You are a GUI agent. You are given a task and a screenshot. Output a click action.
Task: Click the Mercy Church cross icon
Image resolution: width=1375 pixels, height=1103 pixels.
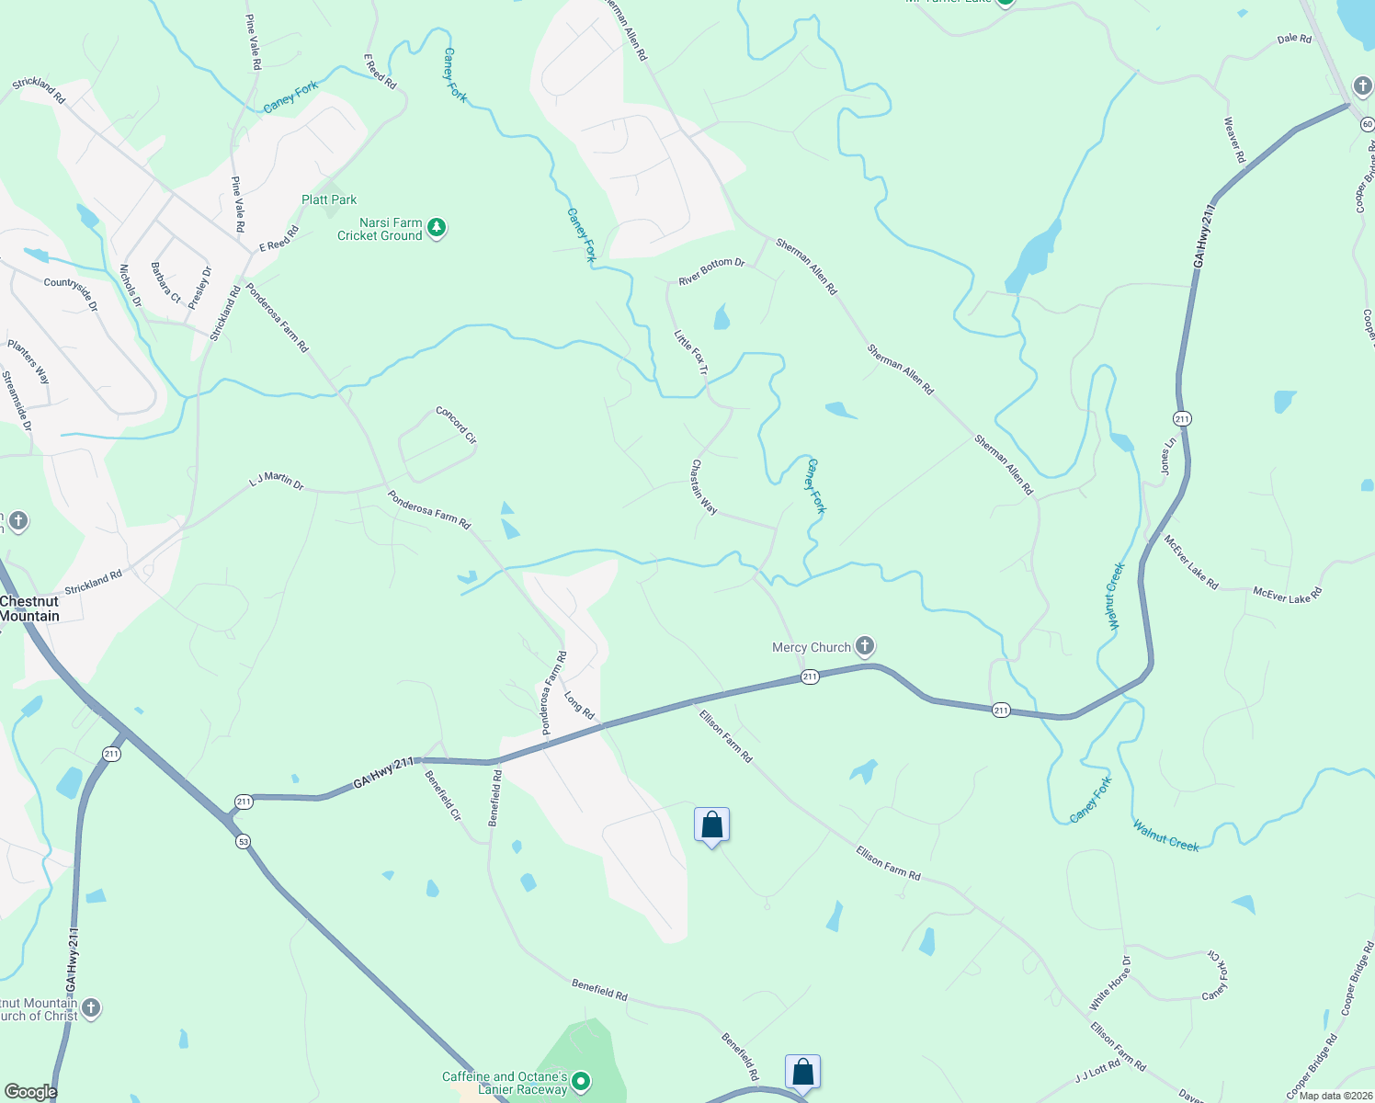pos(865,646)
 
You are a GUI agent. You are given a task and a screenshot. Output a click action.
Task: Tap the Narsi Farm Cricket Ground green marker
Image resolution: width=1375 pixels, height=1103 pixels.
pos(437,227)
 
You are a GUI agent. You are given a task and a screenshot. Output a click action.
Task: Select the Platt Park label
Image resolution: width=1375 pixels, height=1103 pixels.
pos(329,199)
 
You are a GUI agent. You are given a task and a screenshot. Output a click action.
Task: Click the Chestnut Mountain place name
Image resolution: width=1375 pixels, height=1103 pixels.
pos(29,608)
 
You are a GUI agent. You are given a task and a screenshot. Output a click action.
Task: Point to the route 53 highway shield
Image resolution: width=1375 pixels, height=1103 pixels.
pos(243,841)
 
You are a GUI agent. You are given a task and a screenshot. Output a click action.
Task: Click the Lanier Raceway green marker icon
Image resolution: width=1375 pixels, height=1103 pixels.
pos(581,1082)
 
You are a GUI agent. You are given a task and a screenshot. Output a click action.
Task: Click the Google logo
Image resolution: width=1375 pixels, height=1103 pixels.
pos(31,1092)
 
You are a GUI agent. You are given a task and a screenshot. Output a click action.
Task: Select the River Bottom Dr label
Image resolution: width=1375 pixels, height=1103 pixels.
pos(711,271)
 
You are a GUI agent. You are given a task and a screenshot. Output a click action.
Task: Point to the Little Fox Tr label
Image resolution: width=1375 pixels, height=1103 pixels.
pos(691,352)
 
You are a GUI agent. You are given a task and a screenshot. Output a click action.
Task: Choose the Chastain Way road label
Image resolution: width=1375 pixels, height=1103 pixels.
pos(704,486)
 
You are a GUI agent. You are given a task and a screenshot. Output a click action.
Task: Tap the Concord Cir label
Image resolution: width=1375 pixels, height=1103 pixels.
pos(456,425)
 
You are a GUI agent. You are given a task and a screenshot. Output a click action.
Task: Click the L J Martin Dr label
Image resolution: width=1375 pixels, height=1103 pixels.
pos(276,481)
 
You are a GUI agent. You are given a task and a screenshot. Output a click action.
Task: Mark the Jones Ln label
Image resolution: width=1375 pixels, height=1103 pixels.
pos(1168,456)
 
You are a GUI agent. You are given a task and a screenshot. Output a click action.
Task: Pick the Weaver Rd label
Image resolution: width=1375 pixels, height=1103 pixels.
pos(1234,140)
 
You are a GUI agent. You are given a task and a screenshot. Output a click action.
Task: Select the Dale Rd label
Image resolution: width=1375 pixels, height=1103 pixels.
pos(1294,39)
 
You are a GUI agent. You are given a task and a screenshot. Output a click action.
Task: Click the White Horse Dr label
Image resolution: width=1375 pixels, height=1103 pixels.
pos(1110,983)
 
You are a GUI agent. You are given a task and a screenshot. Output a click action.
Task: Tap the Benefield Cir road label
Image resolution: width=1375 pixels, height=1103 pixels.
pos(443,795)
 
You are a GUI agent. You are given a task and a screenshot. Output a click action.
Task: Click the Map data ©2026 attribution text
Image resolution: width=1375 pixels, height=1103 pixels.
pos(1335,1096)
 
